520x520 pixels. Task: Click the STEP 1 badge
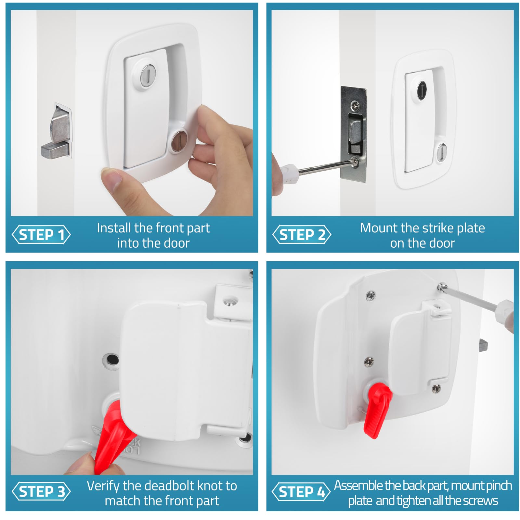pos(41,234)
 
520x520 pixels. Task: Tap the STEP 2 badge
pos(302,234)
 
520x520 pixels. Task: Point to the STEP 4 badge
pos(301,491)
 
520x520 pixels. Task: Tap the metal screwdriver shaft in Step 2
pos(325,166)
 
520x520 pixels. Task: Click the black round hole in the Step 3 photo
pos(112,360)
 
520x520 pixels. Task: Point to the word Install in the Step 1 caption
pos(114,228)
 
